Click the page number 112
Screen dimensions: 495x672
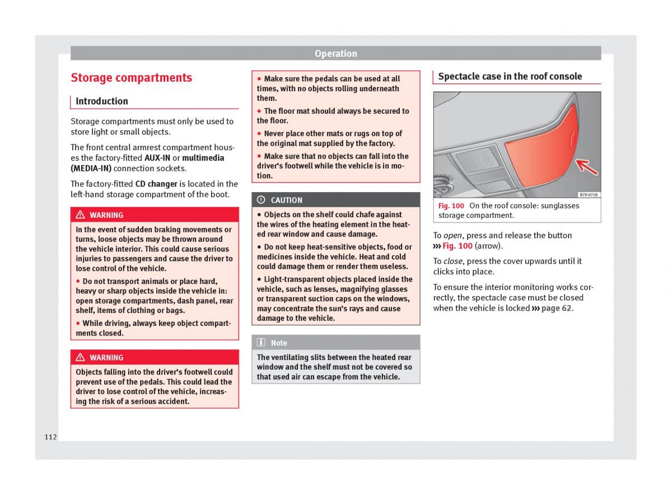click(x=51, y=437)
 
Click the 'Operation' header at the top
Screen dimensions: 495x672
click(x=335, y=54)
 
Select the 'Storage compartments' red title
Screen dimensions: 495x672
click(x=131, y=78)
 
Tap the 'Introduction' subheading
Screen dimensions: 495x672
click(x=101, y=101)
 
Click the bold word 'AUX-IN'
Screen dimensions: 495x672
click(x=157, y=158)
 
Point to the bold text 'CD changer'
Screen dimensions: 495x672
click(x=156, y=184)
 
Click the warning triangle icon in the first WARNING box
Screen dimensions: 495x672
click(x=80, y=215)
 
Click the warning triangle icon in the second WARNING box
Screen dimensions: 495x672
click(x=80, y=357)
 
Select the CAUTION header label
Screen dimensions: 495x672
click(x=286, y=200)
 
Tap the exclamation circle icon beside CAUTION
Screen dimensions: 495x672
click(x=261, y=200)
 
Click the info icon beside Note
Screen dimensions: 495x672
click(x=261, y=343)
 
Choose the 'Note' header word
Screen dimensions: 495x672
click(x=279, y=343)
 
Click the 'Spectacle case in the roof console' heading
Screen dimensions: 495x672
click(x=510, y=77)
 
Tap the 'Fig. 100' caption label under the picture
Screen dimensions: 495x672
click(x=451, y=206)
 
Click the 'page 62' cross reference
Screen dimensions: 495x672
click(x=556, y=308)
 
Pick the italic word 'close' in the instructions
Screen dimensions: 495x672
click(x=453, y=261)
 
